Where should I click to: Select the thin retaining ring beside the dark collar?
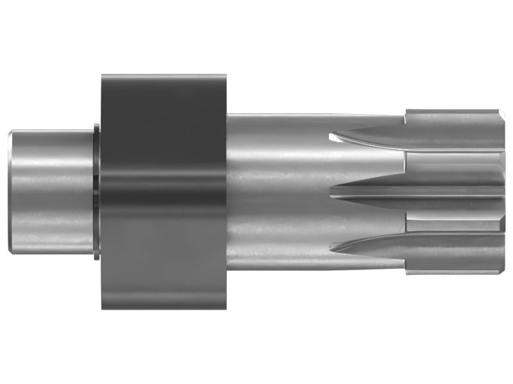click(x=97, y=192)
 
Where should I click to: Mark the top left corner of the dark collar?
click(x=103, y=76)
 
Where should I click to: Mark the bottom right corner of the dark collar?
click(x=226, y=308)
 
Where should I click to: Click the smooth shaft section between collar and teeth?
click(x=276, y=192)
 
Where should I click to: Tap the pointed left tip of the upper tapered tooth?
click(x=330, y=136)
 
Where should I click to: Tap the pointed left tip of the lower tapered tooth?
click(x=330, y=246)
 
